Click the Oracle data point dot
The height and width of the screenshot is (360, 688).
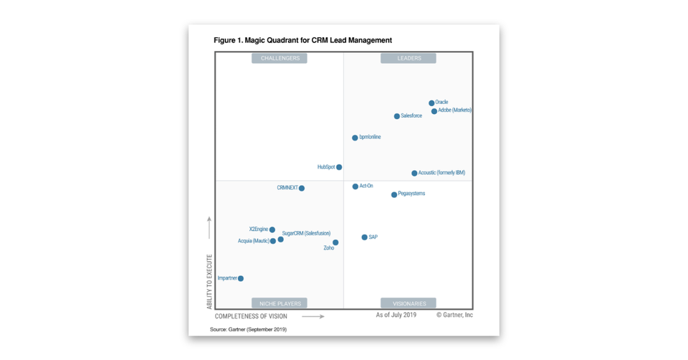pyautogui.click(x=431, y=103)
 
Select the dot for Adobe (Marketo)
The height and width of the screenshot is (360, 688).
pyautogui.click(x=434, y=111)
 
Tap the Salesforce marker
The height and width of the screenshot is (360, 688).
pyautogui.click(x=397, y=116)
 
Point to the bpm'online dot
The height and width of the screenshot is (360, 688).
pyautogui.click(x=355, y=138)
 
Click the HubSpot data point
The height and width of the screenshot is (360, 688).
pyautogui.click(x=339, y=167)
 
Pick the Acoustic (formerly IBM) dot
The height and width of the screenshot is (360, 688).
pyautogui.click(x=414, y=174)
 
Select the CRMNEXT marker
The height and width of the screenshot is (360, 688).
pyautogui.click(x=302, y=189)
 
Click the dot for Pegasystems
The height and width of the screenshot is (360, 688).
pyautogui.click(x=394, y=194)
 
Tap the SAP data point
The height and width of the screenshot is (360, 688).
pyautogui.click(x=365, y=237)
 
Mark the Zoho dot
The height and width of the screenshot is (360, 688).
pyautogui.click(x=335, y=242)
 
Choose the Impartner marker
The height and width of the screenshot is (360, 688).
pyautogui.click(x=241, y=278)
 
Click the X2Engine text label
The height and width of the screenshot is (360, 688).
pyautogui.click(x=258, y=229)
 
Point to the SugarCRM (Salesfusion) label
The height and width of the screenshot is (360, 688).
pyautogui.click(x=307, y=233)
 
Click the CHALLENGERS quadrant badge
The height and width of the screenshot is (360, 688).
pyautogui.click(x=279, y=58)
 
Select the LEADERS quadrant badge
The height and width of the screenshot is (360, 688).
pyautogui.click(x=409, y=58)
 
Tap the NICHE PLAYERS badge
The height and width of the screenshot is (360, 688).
pyautogui.click(x=279, y=303)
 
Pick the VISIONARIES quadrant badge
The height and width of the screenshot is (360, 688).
pyautogui.click(x=408, y=303)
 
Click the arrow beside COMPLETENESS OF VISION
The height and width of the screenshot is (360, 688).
pyautogui.click(x=313, y=316)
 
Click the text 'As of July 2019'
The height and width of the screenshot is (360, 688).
pyautogui.click(x=396, y=315)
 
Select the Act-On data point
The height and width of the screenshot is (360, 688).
pyautogui.click(x=355, y=186)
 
